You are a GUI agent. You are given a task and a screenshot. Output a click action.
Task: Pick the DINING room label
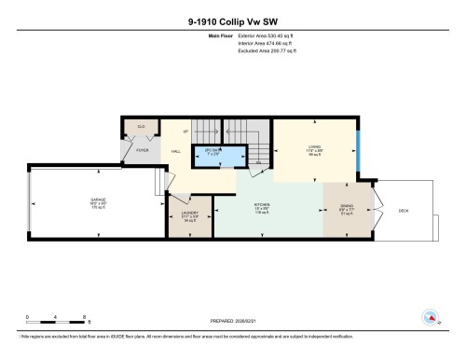tap(345, 210)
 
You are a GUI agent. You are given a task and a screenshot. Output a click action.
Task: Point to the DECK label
tap(404, 212)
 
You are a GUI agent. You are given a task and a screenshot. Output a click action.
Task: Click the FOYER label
tap(143, 149)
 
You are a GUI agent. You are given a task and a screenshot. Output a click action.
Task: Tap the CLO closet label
tap(141, 126)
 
